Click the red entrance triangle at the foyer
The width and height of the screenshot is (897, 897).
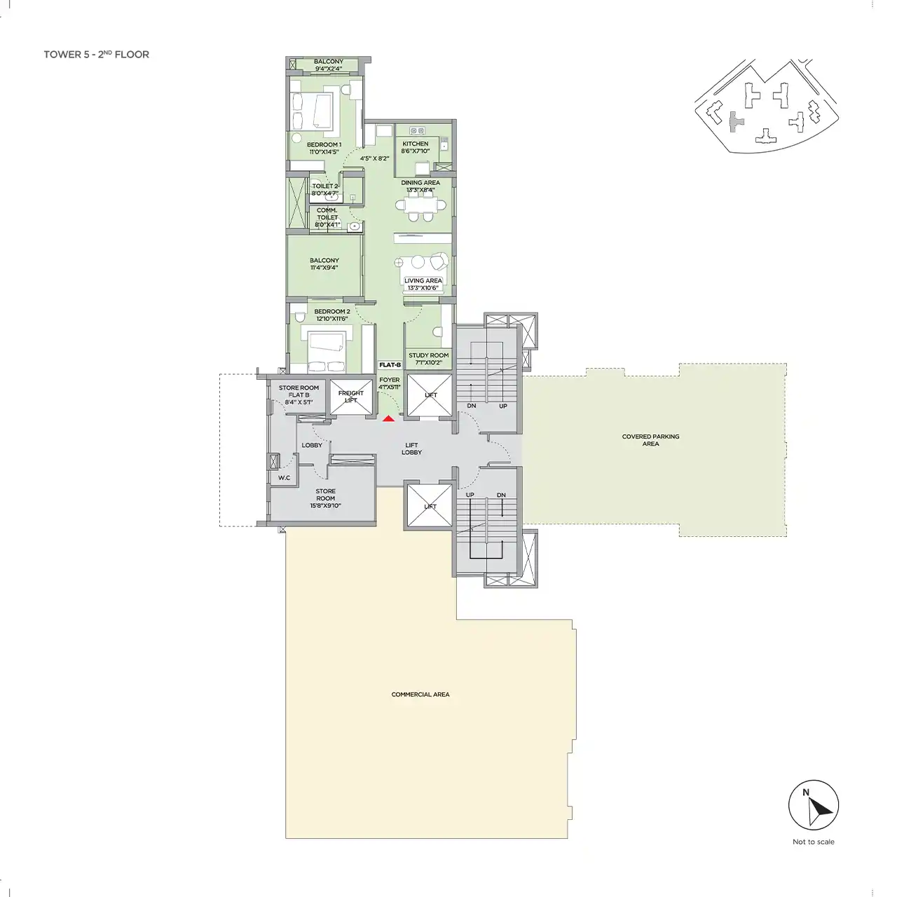[x=389, y=419]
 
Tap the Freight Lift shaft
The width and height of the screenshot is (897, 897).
[x=351, y=397]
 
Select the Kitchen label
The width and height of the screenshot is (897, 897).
[x=416, y=144]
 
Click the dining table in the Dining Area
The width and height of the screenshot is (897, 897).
[x=420, y=205]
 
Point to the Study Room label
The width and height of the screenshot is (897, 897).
[x=429, y=355]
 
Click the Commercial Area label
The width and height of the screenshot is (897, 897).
[x=420, y=694]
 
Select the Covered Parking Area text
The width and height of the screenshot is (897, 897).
[x=651, y=440]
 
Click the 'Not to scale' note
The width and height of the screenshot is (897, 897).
[x=813, y=842]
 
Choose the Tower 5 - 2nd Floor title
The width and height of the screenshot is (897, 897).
[x=96, y=55]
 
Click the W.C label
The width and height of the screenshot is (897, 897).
[x=284, y=478]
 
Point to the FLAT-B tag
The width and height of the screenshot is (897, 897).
[x=390, y=365]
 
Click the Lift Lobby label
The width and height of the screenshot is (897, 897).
[x=411, y=448]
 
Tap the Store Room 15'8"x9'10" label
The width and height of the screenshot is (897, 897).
[x=325, y=498]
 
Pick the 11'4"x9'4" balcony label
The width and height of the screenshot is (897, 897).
[x=324, y=268]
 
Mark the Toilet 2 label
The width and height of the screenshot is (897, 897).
[x=325, y=186]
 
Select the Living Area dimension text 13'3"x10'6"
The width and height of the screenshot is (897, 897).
[x=423, y=288]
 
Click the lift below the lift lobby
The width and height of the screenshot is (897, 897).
[x=430, y=506]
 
